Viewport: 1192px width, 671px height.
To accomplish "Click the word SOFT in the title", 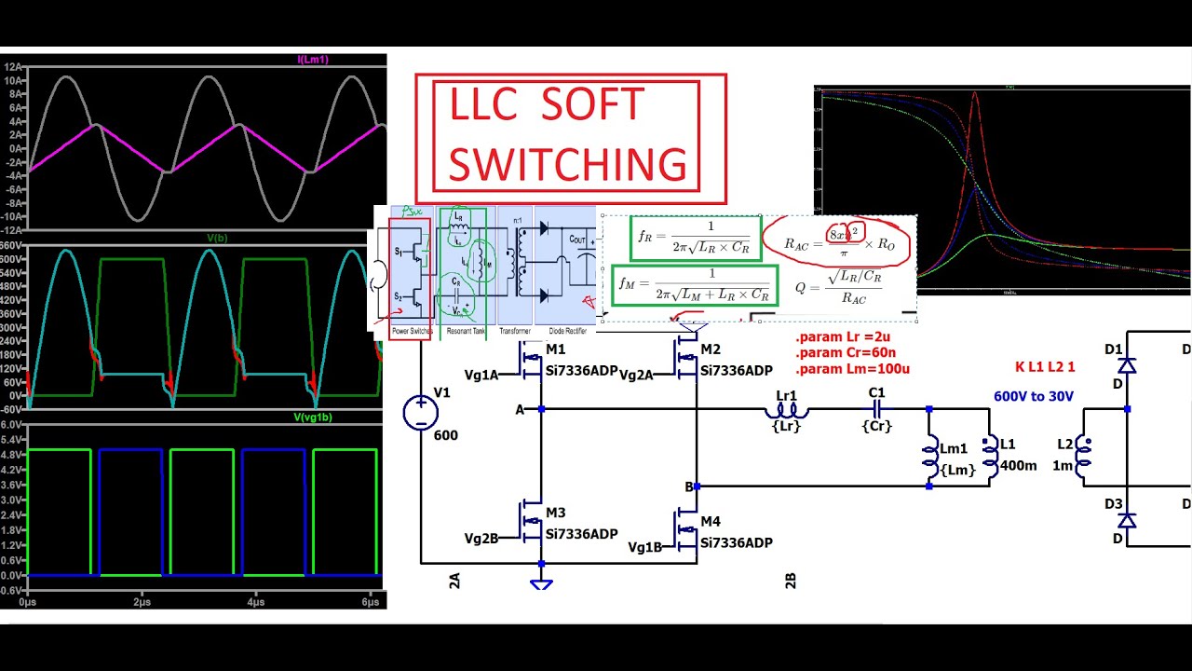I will pos(592,105).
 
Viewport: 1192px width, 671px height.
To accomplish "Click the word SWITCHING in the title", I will pos(567,164).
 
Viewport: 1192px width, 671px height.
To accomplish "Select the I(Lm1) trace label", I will pos(312,60).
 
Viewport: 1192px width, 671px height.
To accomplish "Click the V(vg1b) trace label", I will pos(313,418).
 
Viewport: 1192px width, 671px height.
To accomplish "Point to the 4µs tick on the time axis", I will pos(255,602).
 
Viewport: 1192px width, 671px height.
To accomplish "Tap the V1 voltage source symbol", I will pos(420,413).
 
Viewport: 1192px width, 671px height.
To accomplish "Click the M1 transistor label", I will pos(556,349).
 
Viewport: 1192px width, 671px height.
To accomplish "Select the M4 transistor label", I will pos(711,521).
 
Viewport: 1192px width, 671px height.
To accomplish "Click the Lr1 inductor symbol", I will pos(787,408).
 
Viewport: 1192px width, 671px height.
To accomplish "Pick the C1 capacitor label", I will pos(876,392).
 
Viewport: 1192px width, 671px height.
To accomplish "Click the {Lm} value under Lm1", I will pos(958,471).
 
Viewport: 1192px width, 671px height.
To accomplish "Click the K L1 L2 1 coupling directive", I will pos(1045,367).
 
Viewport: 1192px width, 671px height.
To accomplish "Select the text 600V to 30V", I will pos(1033,397).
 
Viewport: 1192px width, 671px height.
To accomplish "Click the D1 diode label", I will pos(1114,349).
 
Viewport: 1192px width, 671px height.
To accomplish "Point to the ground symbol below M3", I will pos(541,583).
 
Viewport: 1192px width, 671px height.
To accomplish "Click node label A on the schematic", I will pos(520,409).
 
